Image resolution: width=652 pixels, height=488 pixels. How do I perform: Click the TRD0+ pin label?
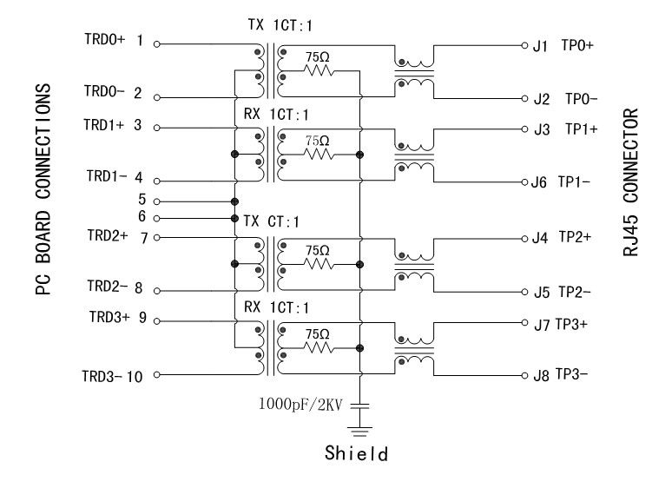tap(104, 40)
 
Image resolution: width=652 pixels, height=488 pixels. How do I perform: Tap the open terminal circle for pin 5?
tap(156, 201)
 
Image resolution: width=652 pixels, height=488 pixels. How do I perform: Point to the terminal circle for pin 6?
tap(156, 218)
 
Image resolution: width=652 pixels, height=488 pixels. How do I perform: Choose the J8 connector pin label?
tap(541, 376)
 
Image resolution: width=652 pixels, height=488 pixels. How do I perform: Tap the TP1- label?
tap(575, 182)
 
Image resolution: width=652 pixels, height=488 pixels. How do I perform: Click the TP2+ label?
tap(575, 236)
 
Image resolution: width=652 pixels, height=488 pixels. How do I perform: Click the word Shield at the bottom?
tap(355, 452)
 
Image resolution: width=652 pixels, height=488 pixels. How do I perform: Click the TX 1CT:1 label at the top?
tap(273, 26)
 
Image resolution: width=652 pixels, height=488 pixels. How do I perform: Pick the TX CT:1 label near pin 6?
tap(271, 222)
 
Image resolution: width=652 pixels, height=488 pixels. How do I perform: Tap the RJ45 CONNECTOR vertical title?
tap(631, 181)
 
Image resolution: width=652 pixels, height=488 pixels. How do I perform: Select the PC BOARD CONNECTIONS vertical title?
tap(41, 189)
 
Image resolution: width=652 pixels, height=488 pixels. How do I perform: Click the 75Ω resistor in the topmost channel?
tap(318, 71)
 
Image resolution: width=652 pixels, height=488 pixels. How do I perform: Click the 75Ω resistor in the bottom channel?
tap(318, 348)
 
